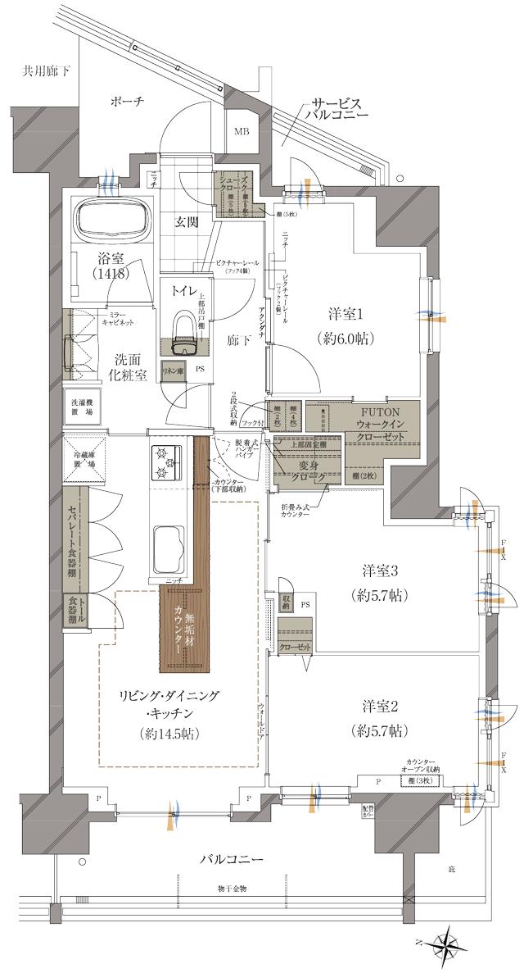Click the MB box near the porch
pos(243,131)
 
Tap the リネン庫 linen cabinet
pos(173,371)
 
